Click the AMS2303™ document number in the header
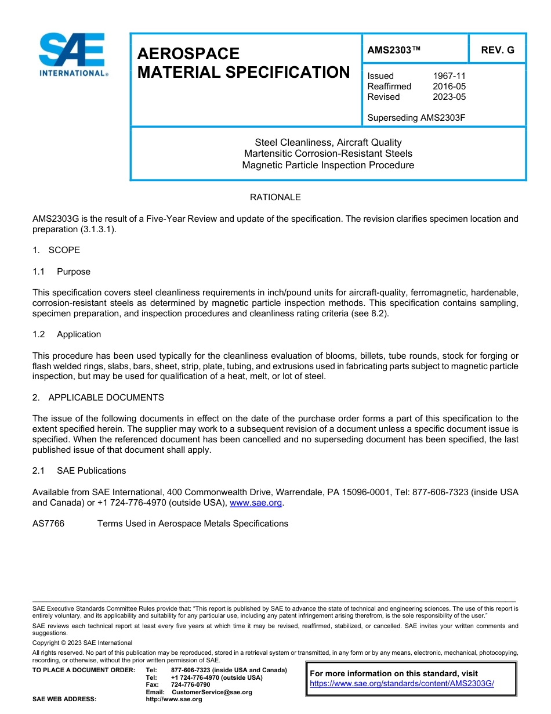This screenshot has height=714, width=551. tap(394, 50)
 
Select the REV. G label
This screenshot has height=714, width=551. tap(497, 50)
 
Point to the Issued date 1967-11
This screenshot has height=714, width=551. tap(449, 76)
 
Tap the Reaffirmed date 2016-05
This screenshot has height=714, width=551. tap(449, 86)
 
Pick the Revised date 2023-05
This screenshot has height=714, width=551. tap(449, 97)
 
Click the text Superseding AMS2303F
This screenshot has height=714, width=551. tap(416, 118)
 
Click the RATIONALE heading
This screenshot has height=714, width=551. tap(275, 197)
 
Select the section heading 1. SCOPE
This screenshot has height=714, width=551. tap(56, 250)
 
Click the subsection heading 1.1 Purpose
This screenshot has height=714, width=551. tap(61, 272)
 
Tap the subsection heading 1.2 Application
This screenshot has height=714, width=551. tap(67, 334)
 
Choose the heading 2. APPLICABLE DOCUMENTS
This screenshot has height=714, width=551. tap(98, 398)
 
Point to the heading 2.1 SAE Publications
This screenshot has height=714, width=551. tap(79, 471)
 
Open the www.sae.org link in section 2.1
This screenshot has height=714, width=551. tap(256, 503)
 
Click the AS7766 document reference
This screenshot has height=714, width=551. tap(48, 524)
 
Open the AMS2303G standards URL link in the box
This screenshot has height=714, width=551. tap(401, 684)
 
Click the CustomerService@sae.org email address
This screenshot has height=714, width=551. tap(212, 692)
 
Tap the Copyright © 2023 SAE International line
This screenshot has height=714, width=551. tap(82, 643)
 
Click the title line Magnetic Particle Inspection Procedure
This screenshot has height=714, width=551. tap(328, 165)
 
